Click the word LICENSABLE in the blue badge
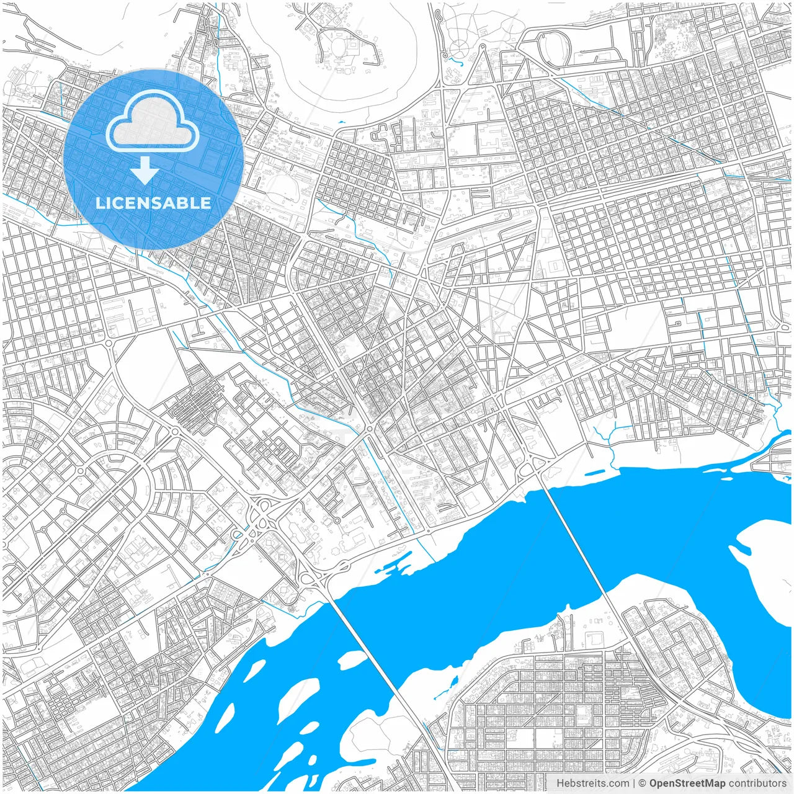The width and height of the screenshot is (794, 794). point(153,203)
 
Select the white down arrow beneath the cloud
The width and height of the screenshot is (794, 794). point(145,170)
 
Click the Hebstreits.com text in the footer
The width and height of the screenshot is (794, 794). point(592,783)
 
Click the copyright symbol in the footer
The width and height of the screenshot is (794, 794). point(643,783)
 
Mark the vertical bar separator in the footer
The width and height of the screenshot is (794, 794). point(633,783)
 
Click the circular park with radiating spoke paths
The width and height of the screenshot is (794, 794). point(460,48)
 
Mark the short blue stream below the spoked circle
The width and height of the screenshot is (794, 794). point(455,61)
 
